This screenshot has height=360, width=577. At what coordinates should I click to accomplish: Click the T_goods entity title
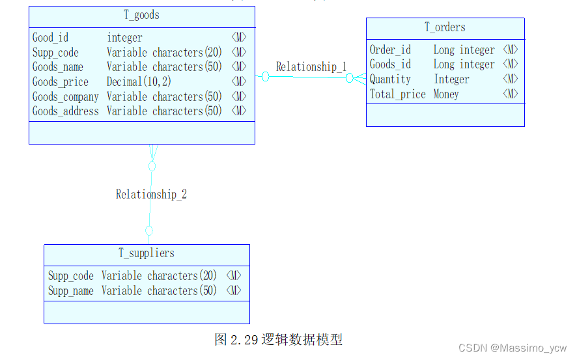coord(141,15)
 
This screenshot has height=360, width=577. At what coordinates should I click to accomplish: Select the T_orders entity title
coord(445,27)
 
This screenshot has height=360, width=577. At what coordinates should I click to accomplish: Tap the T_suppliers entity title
coord(146,253)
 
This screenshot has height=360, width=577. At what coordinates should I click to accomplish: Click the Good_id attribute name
coord(50,38)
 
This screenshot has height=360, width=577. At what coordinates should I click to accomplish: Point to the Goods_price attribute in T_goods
coord(61,82)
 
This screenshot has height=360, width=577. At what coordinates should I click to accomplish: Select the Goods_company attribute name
coord(66,97)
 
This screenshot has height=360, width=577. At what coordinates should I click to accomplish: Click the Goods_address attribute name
coord(66,111)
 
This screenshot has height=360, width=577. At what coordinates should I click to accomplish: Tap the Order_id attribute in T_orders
coord(390,50)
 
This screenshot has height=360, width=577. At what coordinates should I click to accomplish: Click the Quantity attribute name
coord(390,79)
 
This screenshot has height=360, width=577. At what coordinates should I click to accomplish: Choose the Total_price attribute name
coord(397,94)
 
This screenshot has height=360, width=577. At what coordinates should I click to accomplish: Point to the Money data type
coord(446,94)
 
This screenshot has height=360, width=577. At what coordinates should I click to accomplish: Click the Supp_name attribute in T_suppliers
coord(71,291)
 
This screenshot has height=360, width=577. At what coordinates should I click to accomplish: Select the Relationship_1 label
coord(311,66)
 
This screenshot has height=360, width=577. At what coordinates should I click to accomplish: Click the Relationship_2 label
coord(151,194)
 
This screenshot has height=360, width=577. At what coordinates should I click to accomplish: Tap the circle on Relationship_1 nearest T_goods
coord(266,77)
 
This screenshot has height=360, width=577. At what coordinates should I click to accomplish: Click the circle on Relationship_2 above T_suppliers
coord(149,230)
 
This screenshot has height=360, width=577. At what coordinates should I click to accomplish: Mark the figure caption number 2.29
coord(245,339)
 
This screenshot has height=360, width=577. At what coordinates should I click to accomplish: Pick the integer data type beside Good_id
coord(124,38)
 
